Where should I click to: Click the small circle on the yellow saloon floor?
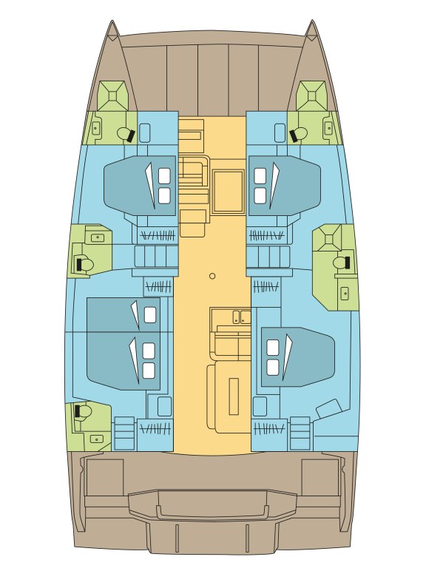pyautogui.click(x=212, y=276)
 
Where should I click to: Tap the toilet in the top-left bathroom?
pyautogui.click(x=124, y=134)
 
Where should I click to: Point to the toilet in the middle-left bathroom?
pyautogui.click(x=84, y=263)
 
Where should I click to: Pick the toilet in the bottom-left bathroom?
pyautogui.click(x=82, y=410)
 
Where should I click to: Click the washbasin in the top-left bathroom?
pyautogui.click(x=95, y=128)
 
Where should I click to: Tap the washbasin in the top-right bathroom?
pyautogui.click(x=328, y=128)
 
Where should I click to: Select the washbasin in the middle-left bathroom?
pyautogui.click(x=97, y=237)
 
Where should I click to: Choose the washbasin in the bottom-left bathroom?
pyautogui.click(x=96, y=439)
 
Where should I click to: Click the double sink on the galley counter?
pyautogui.click(x=240, y=317)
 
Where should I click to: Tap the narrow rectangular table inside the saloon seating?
pyautogui.click(x=234, y=396)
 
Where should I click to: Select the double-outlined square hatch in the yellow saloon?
pyautogui.click(x=228, y=191)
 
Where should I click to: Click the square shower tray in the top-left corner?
pyautogui.click(x=113, y=95)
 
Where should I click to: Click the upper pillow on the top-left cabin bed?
pyautogui.click(x=164, y=176)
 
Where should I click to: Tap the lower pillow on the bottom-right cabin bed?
pyautogui.click(x=272, y=367)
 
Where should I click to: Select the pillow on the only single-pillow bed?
pyautogui.click(x=150, y=315)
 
